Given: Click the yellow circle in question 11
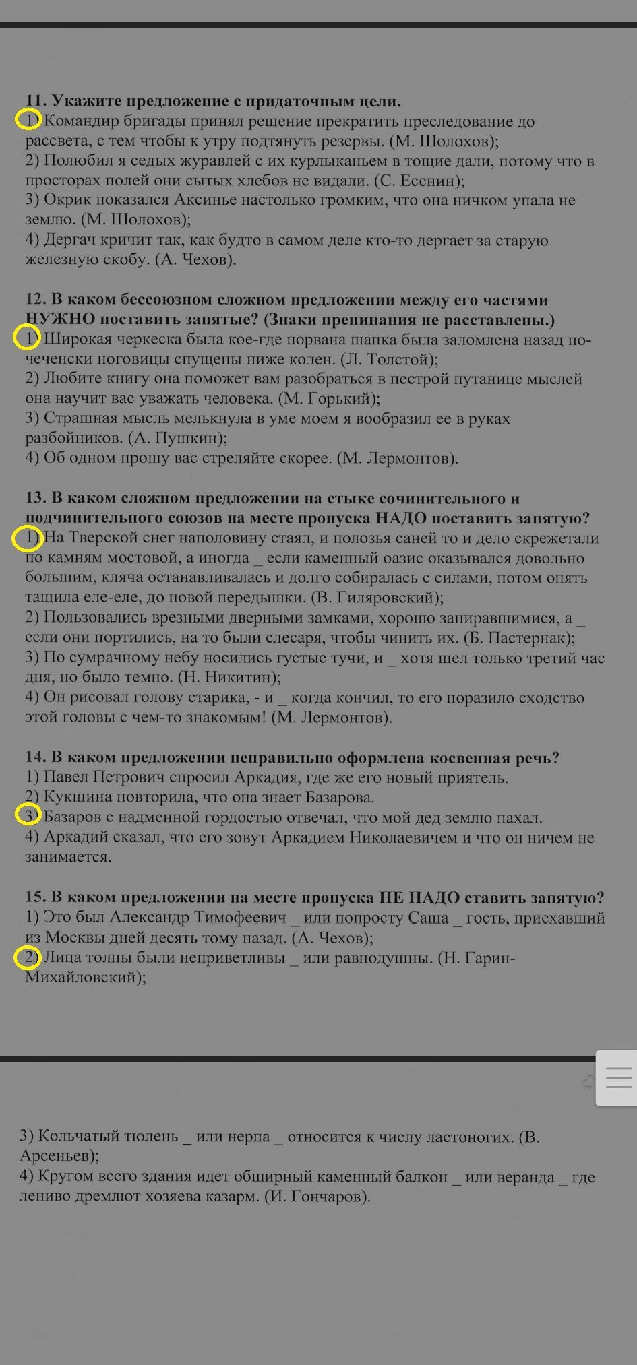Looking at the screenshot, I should click(x=28, y=121).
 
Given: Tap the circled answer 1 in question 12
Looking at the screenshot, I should click(x=26, y=338).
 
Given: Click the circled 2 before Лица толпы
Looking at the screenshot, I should click(x=28, y=957).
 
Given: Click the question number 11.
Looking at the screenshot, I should click(x=36, y=101).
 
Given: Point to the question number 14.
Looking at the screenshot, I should click(x=36, y=757).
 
